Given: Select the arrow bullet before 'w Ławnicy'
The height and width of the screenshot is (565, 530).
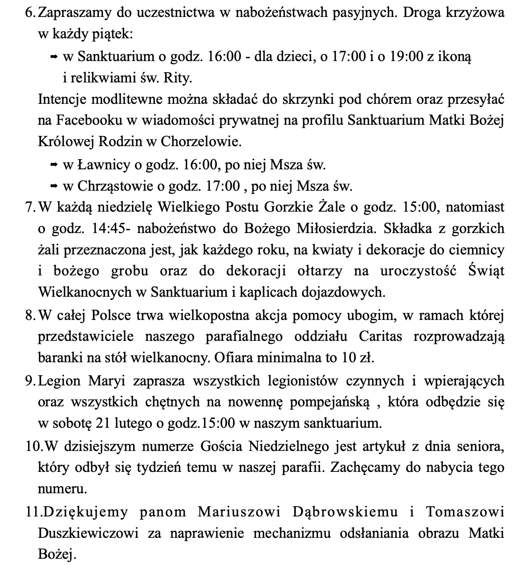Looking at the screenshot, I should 54,165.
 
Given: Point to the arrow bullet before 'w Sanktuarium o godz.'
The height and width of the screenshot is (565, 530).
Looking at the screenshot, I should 54,57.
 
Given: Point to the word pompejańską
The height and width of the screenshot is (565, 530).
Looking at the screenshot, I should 330,402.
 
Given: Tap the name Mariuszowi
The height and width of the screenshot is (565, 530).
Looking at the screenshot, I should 239,512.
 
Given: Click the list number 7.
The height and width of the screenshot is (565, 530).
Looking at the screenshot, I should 30,207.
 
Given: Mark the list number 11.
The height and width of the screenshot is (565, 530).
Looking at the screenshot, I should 33,512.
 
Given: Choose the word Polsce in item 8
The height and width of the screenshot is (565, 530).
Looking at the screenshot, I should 111,315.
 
